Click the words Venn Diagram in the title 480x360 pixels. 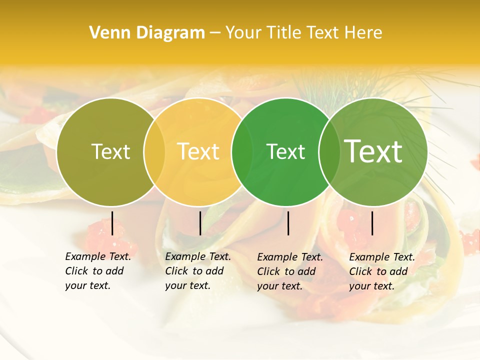tap(147, 33)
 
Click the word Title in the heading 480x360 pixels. tap(287, 33)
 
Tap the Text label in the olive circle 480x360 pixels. tap(110, 151)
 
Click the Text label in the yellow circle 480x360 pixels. tap(198, 151)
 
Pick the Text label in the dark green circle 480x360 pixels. tap(285, 151)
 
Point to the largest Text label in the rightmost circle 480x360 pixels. tap(373, 151)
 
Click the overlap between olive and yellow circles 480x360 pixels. tap(154, 152)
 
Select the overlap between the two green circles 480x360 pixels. tap(328, 152)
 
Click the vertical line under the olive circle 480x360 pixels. tap(112, 223)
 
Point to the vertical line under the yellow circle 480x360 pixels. tap(200, 223)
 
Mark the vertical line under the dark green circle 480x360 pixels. tap(288, 223)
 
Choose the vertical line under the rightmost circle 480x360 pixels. tap(372, 223)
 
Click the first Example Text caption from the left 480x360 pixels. tap(98, 271)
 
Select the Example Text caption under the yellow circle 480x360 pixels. tap(198, 271)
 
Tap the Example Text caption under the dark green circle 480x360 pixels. tap(290, 271)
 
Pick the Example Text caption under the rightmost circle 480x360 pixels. tap(382, 271)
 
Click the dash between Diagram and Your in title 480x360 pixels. tap(215, 33)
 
